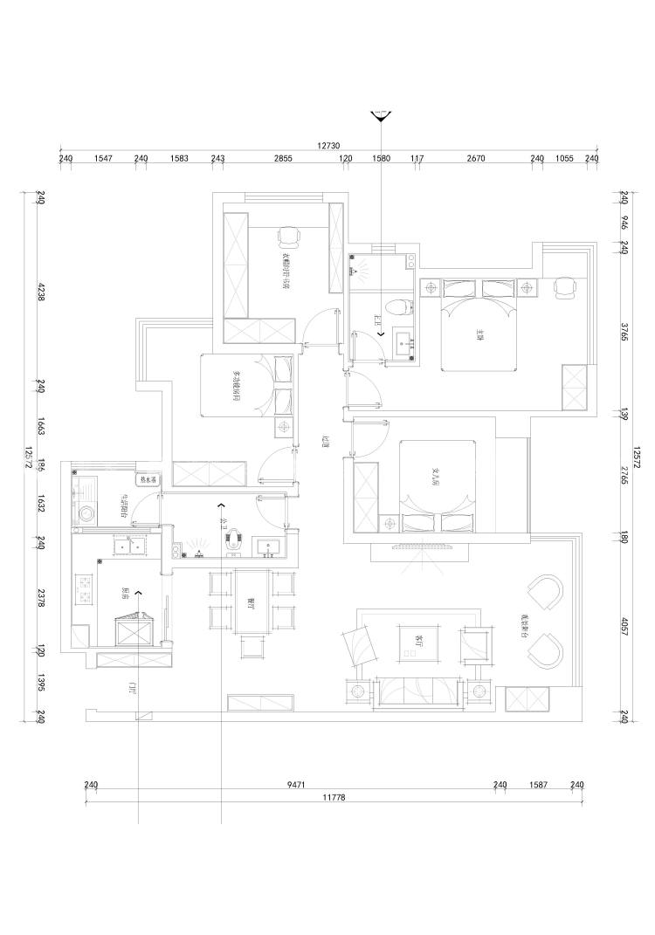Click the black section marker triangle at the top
381,117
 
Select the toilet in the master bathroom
398,307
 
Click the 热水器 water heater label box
146,479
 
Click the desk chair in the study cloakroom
289,236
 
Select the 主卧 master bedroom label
479,333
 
